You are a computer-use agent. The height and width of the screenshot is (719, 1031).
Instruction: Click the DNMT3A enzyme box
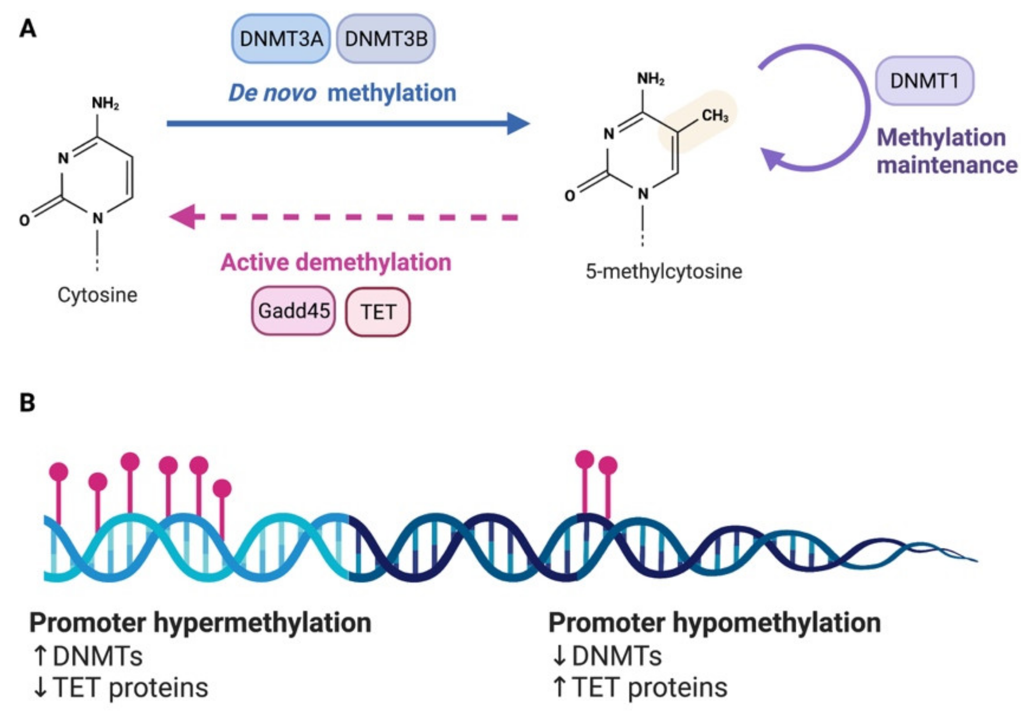click(280, 39)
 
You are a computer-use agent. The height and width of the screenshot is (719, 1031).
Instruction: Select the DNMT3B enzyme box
click(386, 39)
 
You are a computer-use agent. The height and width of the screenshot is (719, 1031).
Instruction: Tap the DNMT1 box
click(924, 81)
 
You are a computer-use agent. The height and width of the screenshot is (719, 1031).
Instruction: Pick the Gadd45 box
click(294, 311)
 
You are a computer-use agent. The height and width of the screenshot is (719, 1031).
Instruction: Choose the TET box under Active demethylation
click(377, 312)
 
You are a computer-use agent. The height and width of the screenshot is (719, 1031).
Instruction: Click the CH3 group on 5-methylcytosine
click(715, 116)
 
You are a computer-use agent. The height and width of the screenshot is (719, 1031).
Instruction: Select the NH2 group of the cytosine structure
click(105, 103)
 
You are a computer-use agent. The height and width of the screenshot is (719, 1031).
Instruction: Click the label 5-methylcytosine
click(664, 271)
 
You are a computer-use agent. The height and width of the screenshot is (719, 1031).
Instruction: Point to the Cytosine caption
click(97, 295)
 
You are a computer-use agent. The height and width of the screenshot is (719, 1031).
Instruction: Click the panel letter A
click(28, 30)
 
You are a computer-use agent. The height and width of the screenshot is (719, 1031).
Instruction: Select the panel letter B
click(27, 403)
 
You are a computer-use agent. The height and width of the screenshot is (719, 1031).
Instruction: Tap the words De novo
click(272, 93)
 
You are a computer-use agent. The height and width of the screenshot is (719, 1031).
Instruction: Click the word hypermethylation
click(263, 622)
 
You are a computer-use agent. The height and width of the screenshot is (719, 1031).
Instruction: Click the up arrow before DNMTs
click(40, 656)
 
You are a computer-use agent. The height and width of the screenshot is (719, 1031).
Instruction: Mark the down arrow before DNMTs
click(559, 656)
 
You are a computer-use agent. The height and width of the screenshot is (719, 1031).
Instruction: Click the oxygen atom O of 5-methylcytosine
click(570, 196)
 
